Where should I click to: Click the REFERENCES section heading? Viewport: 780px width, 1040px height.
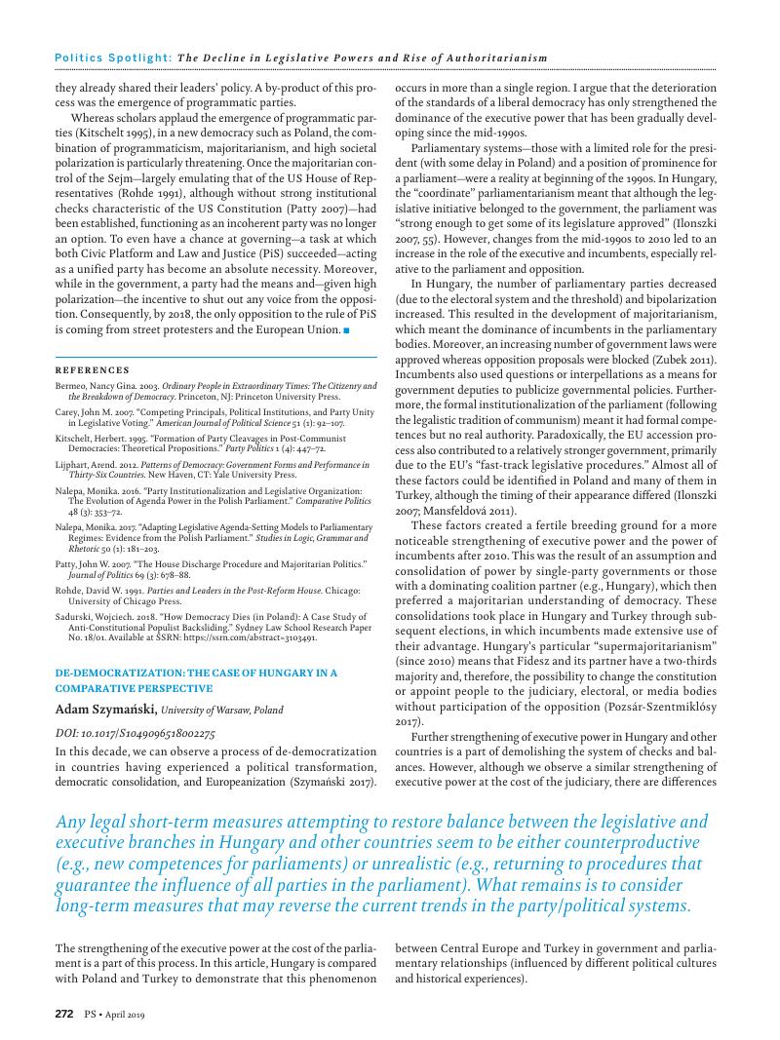coord(92,370)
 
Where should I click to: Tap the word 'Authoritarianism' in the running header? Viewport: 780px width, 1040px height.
coord(498,58)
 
